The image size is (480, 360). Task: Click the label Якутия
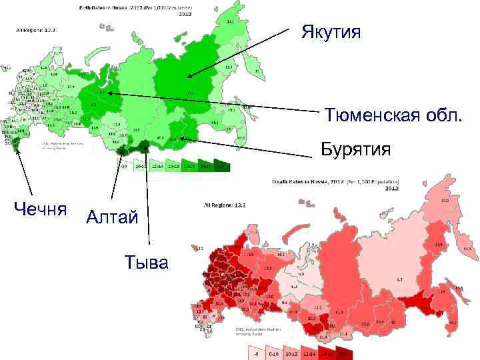click(331, 32)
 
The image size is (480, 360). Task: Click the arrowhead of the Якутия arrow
click(189, 78)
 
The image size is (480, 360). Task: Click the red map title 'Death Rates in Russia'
click(336, 181)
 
